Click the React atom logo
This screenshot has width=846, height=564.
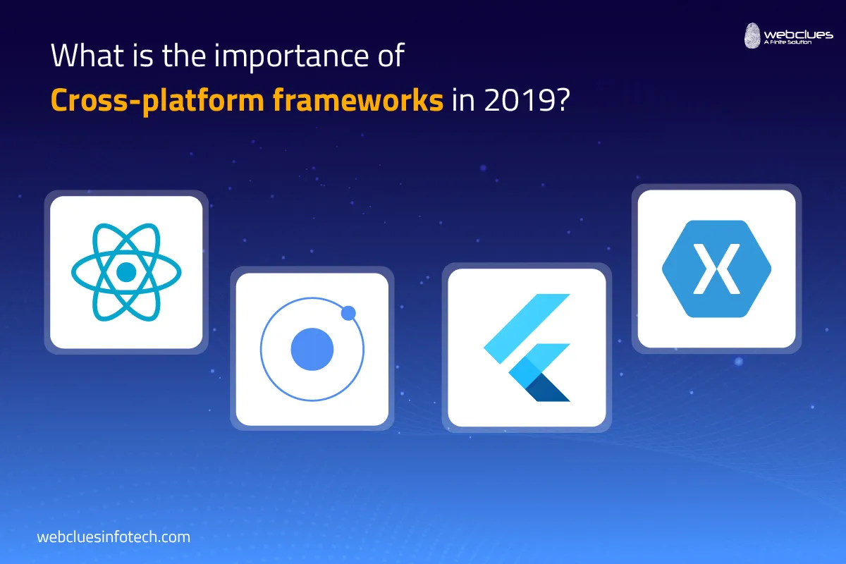tap(126, 271)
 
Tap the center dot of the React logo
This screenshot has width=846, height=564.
tap(126, 272)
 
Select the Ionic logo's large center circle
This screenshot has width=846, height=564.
tap(312, 349)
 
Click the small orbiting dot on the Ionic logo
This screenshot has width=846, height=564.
tap(348, 313)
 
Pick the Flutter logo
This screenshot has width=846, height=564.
tap(527, 348)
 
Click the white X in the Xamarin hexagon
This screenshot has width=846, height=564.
tap(716, 268)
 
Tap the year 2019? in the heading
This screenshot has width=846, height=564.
tap(529, 100)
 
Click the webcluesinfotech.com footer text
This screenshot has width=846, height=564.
tap(114, 537)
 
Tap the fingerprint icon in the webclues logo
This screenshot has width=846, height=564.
tap(753, 36)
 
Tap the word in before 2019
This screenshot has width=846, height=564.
tap(464, 100)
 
